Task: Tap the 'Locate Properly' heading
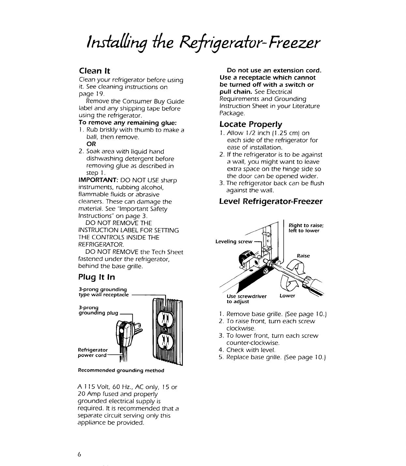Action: pyautogui.click(x=251, y=124)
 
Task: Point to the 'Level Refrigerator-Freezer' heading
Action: pyautogui.click(x=271, y=201)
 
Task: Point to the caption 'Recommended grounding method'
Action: pyautogui.click(x=121, y=370)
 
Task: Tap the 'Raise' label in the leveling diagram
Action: pyautogui.click(x=303, y=256)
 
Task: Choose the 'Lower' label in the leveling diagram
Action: pyautogui.click(x=287, y=296)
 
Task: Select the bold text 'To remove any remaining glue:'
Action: pyautogui.click(x=128, y=123)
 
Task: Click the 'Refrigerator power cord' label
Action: pyautogui.click(x=93, y=352)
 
